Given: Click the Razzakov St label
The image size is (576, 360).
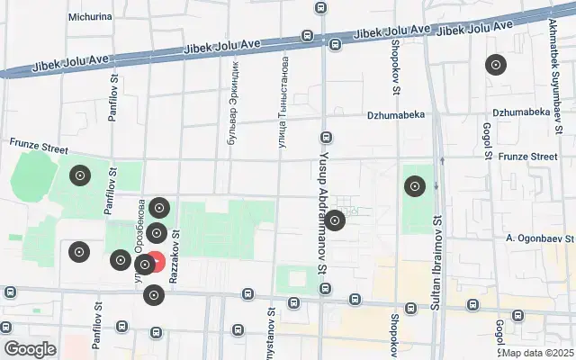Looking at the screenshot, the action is [x=176, y=256].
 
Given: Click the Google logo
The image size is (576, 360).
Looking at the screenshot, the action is [x=31, y=349].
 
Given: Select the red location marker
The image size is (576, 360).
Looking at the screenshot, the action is [x=155, y=263].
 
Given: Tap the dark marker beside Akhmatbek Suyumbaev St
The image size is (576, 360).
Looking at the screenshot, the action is [x=495, y=65].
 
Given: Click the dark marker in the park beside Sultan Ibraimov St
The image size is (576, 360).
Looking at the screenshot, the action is [x=415, y=187].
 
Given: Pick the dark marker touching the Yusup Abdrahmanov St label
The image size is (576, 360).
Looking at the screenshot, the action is [x=335, y=220].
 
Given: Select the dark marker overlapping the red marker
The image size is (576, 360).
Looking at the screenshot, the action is [x=144, y=265].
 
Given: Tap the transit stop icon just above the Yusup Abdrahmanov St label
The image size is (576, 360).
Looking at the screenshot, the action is [x=326, y=139].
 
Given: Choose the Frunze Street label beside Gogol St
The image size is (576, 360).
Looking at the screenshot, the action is [x=531, y=157].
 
